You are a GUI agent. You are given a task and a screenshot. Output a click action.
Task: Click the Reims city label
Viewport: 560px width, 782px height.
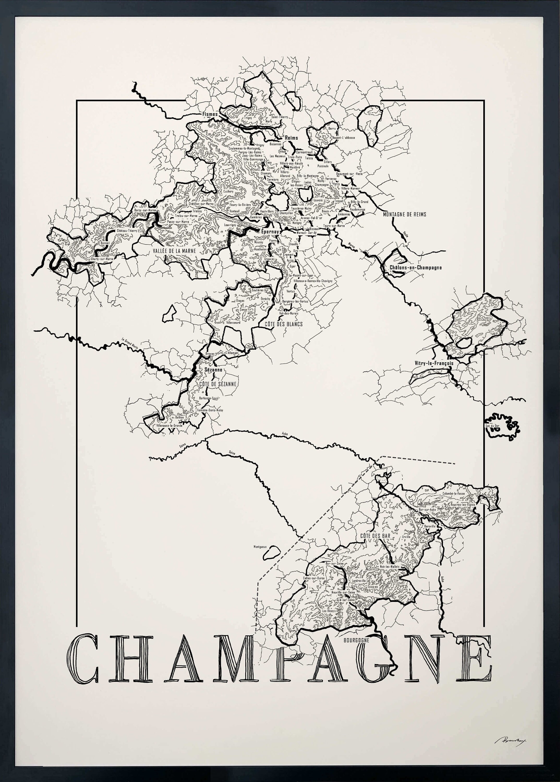point(291,138)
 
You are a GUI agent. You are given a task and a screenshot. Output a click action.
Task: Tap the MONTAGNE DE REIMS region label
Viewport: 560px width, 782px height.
point(405,214)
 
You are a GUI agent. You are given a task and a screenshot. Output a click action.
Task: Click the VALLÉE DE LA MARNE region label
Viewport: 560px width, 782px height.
point(174,251)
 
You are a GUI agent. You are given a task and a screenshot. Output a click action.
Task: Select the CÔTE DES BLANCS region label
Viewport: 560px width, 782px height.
point(284,324)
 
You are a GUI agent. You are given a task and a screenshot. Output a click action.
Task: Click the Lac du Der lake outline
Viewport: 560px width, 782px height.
point(502,426)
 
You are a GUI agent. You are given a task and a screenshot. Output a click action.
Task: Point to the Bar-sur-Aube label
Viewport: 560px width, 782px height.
point(427,509)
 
